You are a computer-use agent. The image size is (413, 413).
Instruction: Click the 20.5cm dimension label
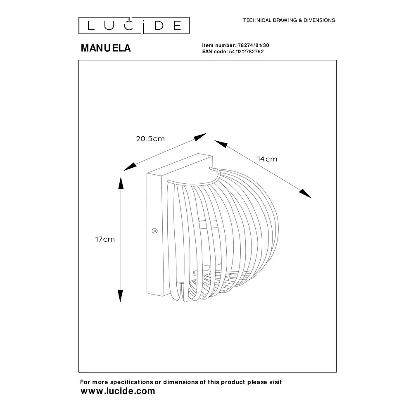point(150,139)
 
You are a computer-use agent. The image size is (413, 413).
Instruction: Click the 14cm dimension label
point(267,159)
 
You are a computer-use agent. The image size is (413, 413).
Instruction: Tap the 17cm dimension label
point(105,239)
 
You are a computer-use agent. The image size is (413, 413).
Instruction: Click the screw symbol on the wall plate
point(155,231)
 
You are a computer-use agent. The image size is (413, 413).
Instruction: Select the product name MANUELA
point(106,48)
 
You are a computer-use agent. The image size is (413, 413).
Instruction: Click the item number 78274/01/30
point(254,45)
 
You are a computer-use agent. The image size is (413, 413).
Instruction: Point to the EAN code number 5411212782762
point(246,52)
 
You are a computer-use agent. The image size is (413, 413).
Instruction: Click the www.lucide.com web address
point(118,391)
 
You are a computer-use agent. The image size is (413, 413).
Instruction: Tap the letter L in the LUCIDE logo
point(91,26)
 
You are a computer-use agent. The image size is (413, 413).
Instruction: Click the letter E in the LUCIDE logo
point(177,26)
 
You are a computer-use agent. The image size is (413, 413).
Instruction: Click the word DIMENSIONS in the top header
point(319,20)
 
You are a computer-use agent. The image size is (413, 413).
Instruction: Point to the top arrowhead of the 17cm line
point(121,183)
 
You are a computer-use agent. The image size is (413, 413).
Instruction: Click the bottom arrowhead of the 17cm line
point(120,296)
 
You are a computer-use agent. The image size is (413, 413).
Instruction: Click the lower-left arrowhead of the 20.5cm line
point(130,167)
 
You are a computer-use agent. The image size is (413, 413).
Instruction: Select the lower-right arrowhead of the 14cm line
point(305,193)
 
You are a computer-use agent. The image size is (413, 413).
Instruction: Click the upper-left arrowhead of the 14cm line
point(221,144)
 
